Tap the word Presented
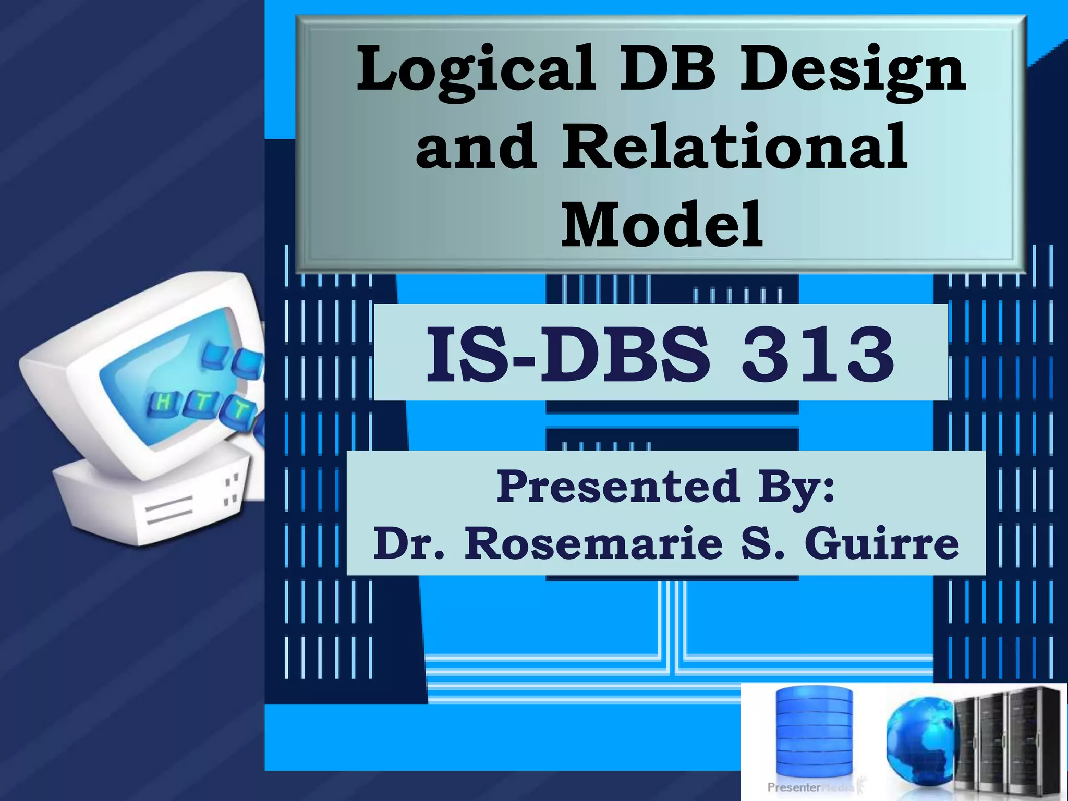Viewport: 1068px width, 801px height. pos(618,487)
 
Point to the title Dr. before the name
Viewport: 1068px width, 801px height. pos(410,543)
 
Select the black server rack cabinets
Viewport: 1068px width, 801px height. pos(1009,741)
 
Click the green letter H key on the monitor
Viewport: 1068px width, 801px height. pos(163,402)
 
